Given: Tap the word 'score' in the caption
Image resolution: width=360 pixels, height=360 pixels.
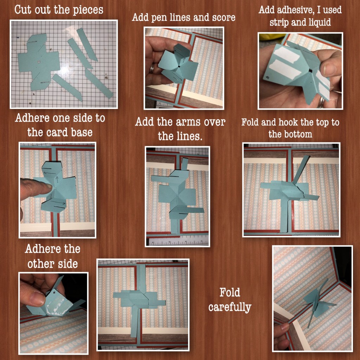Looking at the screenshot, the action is click(x=224, y=18).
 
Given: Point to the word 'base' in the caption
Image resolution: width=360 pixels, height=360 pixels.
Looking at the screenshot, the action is click(x=82, y=132).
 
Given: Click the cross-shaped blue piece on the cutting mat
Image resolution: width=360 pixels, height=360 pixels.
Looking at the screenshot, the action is click(x=39, y=62).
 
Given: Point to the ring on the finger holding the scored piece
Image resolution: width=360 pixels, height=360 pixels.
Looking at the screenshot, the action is click(x=152, y=68).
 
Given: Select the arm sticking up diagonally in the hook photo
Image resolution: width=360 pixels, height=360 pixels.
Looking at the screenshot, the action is click(x=301, y=169).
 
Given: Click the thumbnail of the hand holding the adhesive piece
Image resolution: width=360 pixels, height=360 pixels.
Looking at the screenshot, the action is click(x=329, y=69).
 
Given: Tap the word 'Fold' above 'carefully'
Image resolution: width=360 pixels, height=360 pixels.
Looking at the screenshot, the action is click(x=230, y=292).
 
